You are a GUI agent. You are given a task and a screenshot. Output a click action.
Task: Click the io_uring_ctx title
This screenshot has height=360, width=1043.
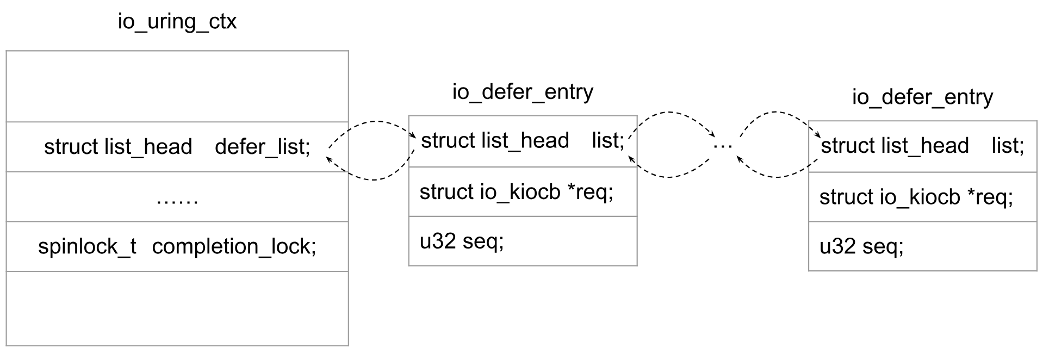point(177,22)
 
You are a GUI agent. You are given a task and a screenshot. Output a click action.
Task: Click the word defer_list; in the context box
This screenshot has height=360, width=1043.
point(263,147)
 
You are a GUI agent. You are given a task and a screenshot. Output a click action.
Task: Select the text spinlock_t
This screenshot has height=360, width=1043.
point(87,246)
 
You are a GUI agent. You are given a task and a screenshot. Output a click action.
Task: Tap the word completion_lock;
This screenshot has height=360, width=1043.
point(234,246)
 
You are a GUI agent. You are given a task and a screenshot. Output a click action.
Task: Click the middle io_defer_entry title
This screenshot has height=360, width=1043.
point(523,92)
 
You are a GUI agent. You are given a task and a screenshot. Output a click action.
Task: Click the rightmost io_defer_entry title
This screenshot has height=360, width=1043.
point(922,97)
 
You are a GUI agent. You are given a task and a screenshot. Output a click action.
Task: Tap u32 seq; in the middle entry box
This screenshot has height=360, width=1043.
point(462,241)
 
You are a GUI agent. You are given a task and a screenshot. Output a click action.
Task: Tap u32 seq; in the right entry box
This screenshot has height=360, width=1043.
point(861,246)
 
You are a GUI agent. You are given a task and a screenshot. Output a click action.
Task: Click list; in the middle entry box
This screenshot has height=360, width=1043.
point(608,140)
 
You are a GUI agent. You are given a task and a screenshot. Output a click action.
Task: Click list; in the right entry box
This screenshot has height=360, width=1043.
point(1008,146)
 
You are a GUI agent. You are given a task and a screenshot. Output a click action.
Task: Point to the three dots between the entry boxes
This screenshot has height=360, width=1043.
point(723,146)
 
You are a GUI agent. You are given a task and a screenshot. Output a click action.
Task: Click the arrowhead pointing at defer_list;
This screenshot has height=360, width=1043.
point(328,158)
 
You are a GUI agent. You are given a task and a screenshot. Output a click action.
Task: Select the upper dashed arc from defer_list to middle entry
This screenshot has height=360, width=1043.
point(372,122)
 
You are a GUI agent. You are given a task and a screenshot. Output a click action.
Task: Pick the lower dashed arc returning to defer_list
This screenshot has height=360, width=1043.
point(373,179)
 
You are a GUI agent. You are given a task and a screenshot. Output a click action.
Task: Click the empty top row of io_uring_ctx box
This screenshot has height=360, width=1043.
point(177,86)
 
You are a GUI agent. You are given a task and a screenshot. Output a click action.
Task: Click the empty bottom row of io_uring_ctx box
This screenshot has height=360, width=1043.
point(177,308)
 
